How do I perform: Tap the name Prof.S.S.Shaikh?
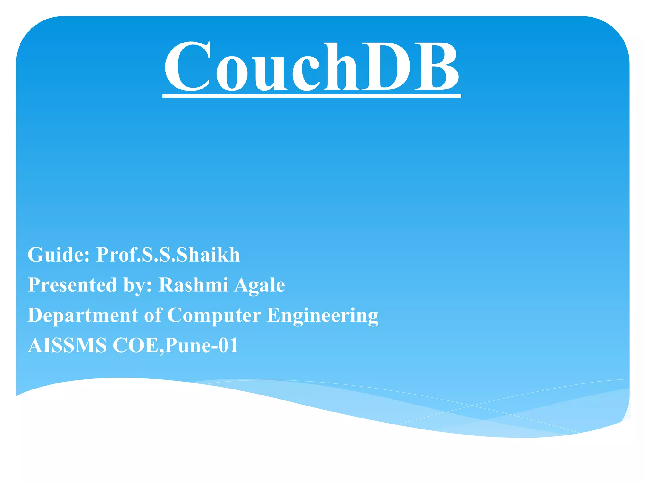(x=168, y=255)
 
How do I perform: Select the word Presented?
(x=72, y=285)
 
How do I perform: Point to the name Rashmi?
(x=193, y=285)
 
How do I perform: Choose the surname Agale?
(x=260, y=285)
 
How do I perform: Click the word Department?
(x=83, y=315)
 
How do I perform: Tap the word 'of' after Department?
(x=153, y=315)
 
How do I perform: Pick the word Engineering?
(x=322, y=316)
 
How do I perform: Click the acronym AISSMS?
(x=67, y=345)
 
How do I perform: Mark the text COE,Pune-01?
(x=175, y=345)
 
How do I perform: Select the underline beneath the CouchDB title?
(x=311, y=95)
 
